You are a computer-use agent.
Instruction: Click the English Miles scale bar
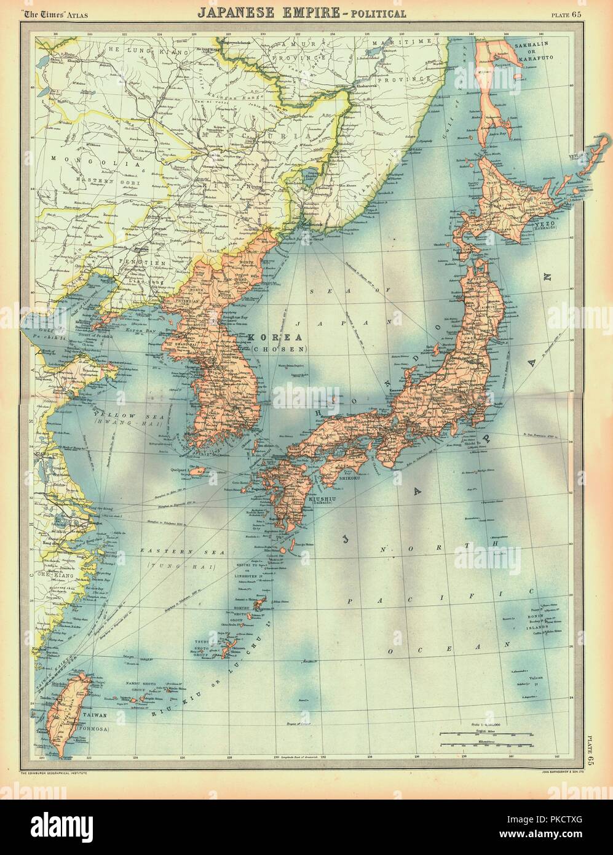click(x=486, y=734)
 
